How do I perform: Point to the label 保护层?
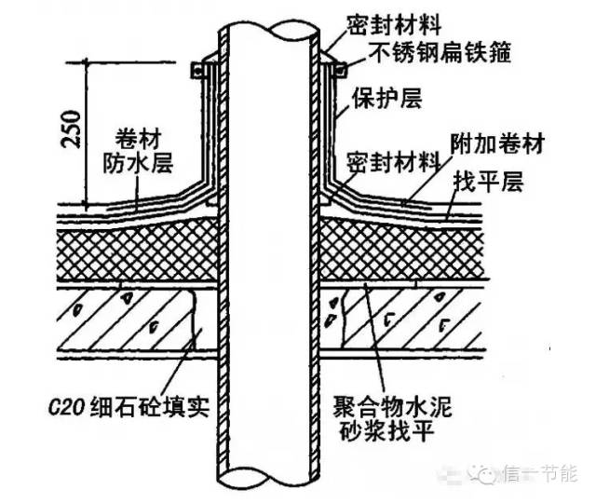(x=376, y=98)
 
